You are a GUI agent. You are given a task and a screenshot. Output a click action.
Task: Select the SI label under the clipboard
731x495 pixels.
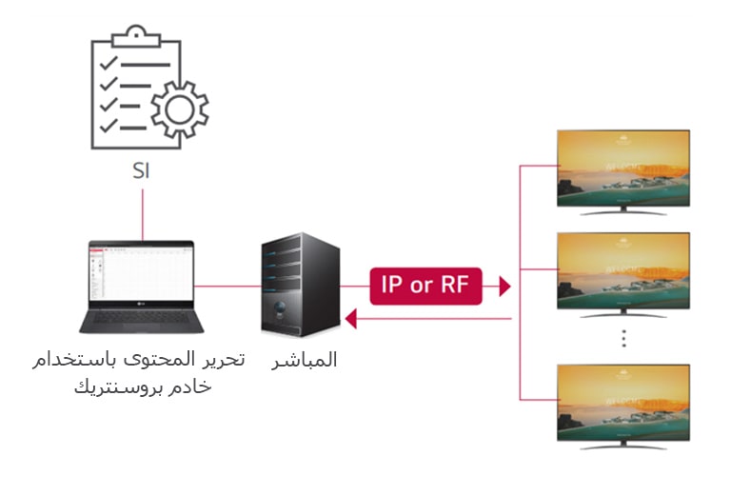pyautogui.click(x=142, y=173)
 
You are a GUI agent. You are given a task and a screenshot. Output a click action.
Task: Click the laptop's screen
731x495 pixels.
pyautogui.click(x=141, y=275)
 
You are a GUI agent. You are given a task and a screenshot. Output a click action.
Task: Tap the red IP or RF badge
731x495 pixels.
pyautogui.click(x=425, y=285)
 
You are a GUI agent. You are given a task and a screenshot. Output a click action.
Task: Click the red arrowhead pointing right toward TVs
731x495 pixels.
pyautogui.click(x=504, y=286)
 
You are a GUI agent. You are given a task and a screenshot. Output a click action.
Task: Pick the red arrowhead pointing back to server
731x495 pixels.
pyautogui.click(x=350, y=319)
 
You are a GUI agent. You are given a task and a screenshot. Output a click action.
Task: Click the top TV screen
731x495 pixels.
pyautogui.click(x=622, y=168)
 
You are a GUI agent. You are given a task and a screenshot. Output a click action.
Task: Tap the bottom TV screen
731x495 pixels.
pyautogui.click(x=622, y=400)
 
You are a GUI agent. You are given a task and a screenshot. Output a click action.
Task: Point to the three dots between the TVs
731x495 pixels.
pyautogui.click(x=623, y=339)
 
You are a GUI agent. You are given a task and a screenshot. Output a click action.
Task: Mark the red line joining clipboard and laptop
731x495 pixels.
pyautogui.click(x=142, y=213)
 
